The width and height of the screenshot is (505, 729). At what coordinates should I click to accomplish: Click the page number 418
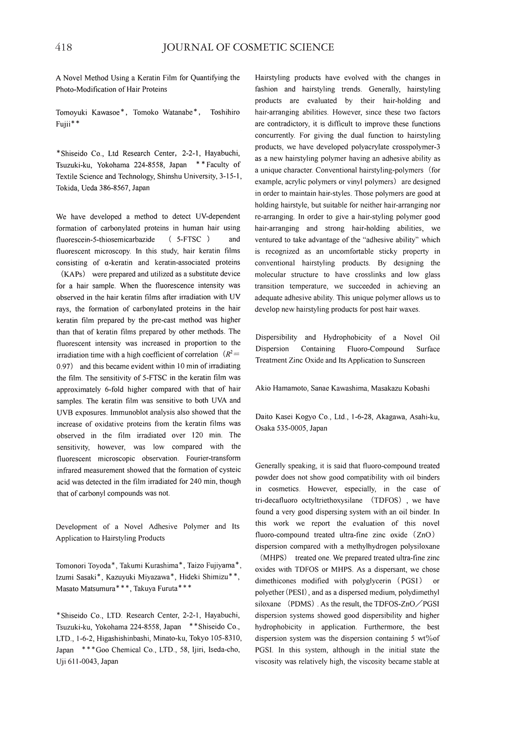pos(63,48)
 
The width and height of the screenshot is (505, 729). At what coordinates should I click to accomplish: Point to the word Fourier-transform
pos(213,458)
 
